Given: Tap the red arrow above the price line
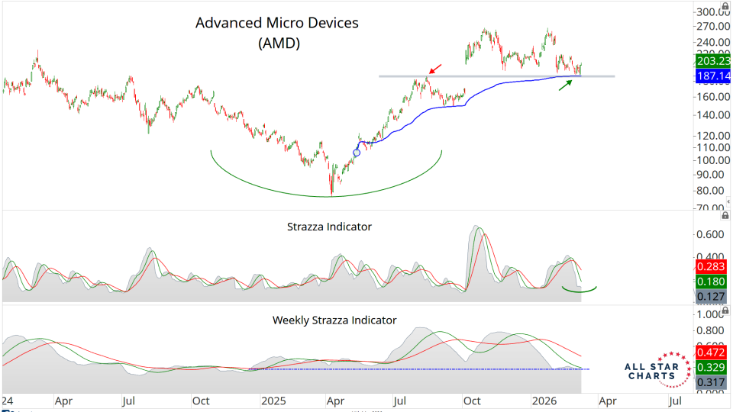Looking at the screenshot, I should [x=435, y=69].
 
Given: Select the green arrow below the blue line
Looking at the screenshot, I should [x=564, y=85].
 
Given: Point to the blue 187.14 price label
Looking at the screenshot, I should [x=712, y=78].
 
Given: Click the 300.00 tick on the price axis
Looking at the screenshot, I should [x=712, y=12].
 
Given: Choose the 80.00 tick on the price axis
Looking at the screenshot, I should [x=712, y=191].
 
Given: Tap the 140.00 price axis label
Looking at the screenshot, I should [x=712, y=115].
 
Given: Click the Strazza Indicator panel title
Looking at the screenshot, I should [x=329, y=227].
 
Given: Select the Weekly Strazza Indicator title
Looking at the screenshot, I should [x=334, y=320].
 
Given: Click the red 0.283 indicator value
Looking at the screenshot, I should [x=712, y=266].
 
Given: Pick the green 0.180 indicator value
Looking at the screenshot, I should [x=712, y=282].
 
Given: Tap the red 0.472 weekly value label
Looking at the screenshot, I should [x=712, y=352].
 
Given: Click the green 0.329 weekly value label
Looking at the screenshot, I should [x=712, y=368].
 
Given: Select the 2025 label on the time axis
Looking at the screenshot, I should [x=273, y=400].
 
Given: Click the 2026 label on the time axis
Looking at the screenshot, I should [x=543, y=400].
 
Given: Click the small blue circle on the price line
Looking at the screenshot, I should [x=357, y=153].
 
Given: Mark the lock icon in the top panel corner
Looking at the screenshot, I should [x=725, y=6].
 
